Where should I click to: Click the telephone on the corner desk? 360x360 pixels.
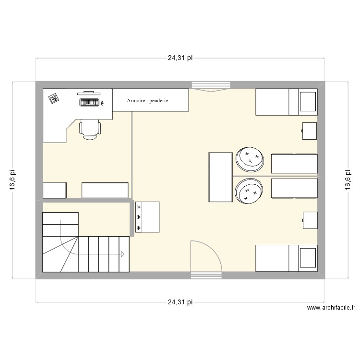tap(53, 98)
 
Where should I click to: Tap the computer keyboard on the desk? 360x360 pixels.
tap(90, 102)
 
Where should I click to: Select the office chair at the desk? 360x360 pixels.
tap(90, 129)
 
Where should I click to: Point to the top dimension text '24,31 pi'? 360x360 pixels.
tap(180, 58)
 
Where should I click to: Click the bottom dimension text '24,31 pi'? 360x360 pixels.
tap(180, 302)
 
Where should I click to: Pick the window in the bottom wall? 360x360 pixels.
tap(206, 276)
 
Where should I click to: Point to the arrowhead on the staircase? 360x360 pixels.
tap(123, 254)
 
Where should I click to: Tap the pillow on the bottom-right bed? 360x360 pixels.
tap(307, 258)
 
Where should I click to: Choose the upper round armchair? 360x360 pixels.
tap(250, 159)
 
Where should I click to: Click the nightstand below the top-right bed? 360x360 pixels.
tap(310, 131)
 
